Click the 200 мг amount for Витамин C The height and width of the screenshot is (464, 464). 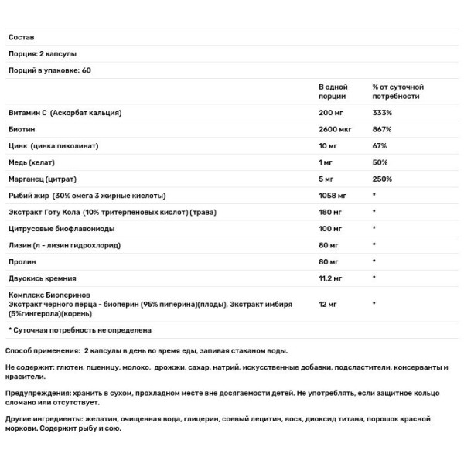331,113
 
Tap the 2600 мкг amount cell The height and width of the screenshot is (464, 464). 336,129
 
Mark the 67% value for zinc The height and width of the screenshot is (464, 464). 379,145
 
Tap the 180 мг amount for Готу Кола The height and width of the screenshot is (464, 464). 331,211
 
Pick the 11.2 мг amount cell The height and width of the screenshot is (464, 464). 333,278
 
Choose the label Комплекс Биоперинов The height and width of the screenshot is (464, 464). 49,295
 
